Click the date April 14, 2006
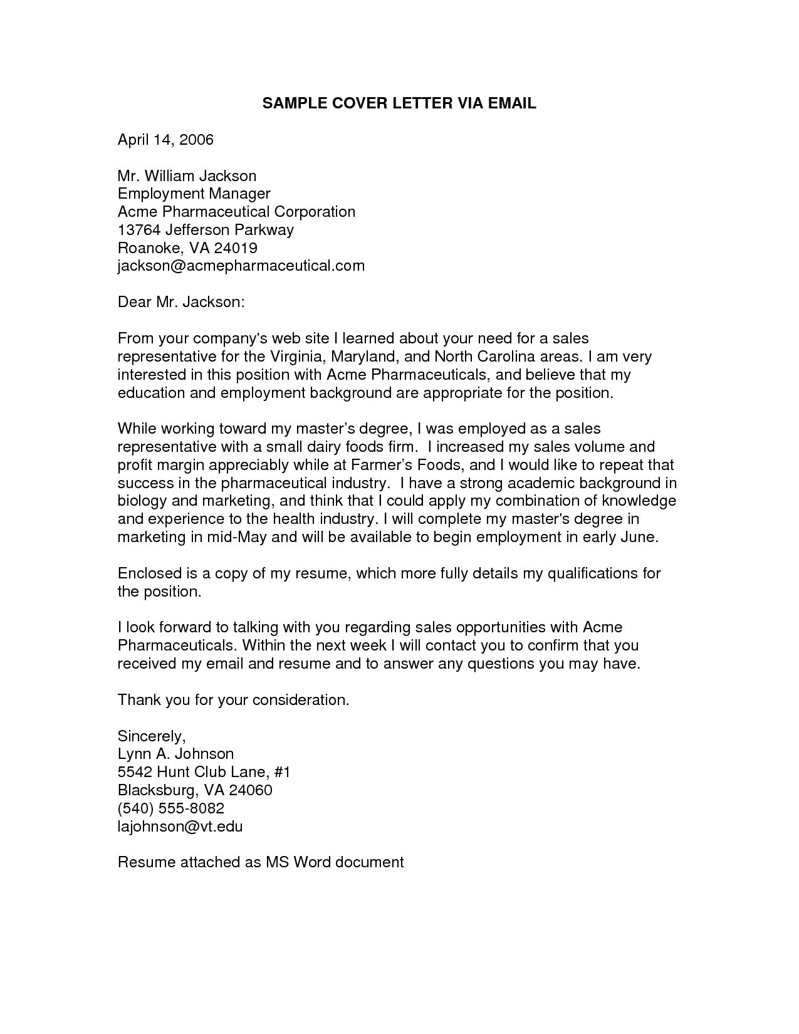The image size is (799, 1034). coord(165,140)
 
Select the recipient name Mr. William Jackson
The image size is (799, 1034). coord(187,176)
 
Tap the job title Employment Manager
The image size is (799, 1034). coord(194,194)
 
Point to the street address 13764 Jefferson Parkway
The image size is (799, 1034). coord(206,230)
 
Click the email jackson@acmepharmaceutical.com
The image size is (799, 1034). coord(241,266)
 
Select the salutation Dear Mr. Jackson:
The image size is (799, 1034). coord(180,302)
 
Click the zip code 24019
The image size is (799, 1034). coord(236,248)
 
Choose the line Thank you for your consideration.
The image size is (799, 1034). coord(233,700)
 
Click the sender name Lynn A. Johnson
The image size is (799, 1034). coord(175,754)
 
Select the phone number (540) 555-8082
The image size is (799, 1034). coord(171,808)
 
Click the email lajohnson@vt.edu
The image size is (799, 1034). coord(180,826)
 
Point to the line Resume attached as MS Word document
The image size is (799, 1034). coord(261,862)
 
